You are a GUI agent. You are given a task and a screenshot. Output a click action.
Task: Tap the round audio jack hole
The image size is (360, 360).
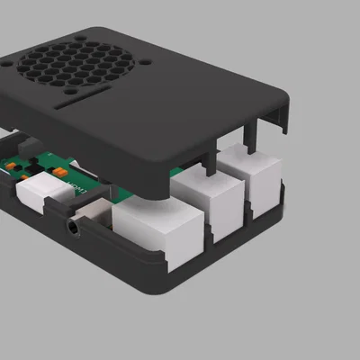tap(71, 228)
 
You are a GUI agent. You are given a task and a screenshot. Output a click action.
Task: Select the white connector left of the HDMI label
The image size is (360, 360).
tap(40, 193)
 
